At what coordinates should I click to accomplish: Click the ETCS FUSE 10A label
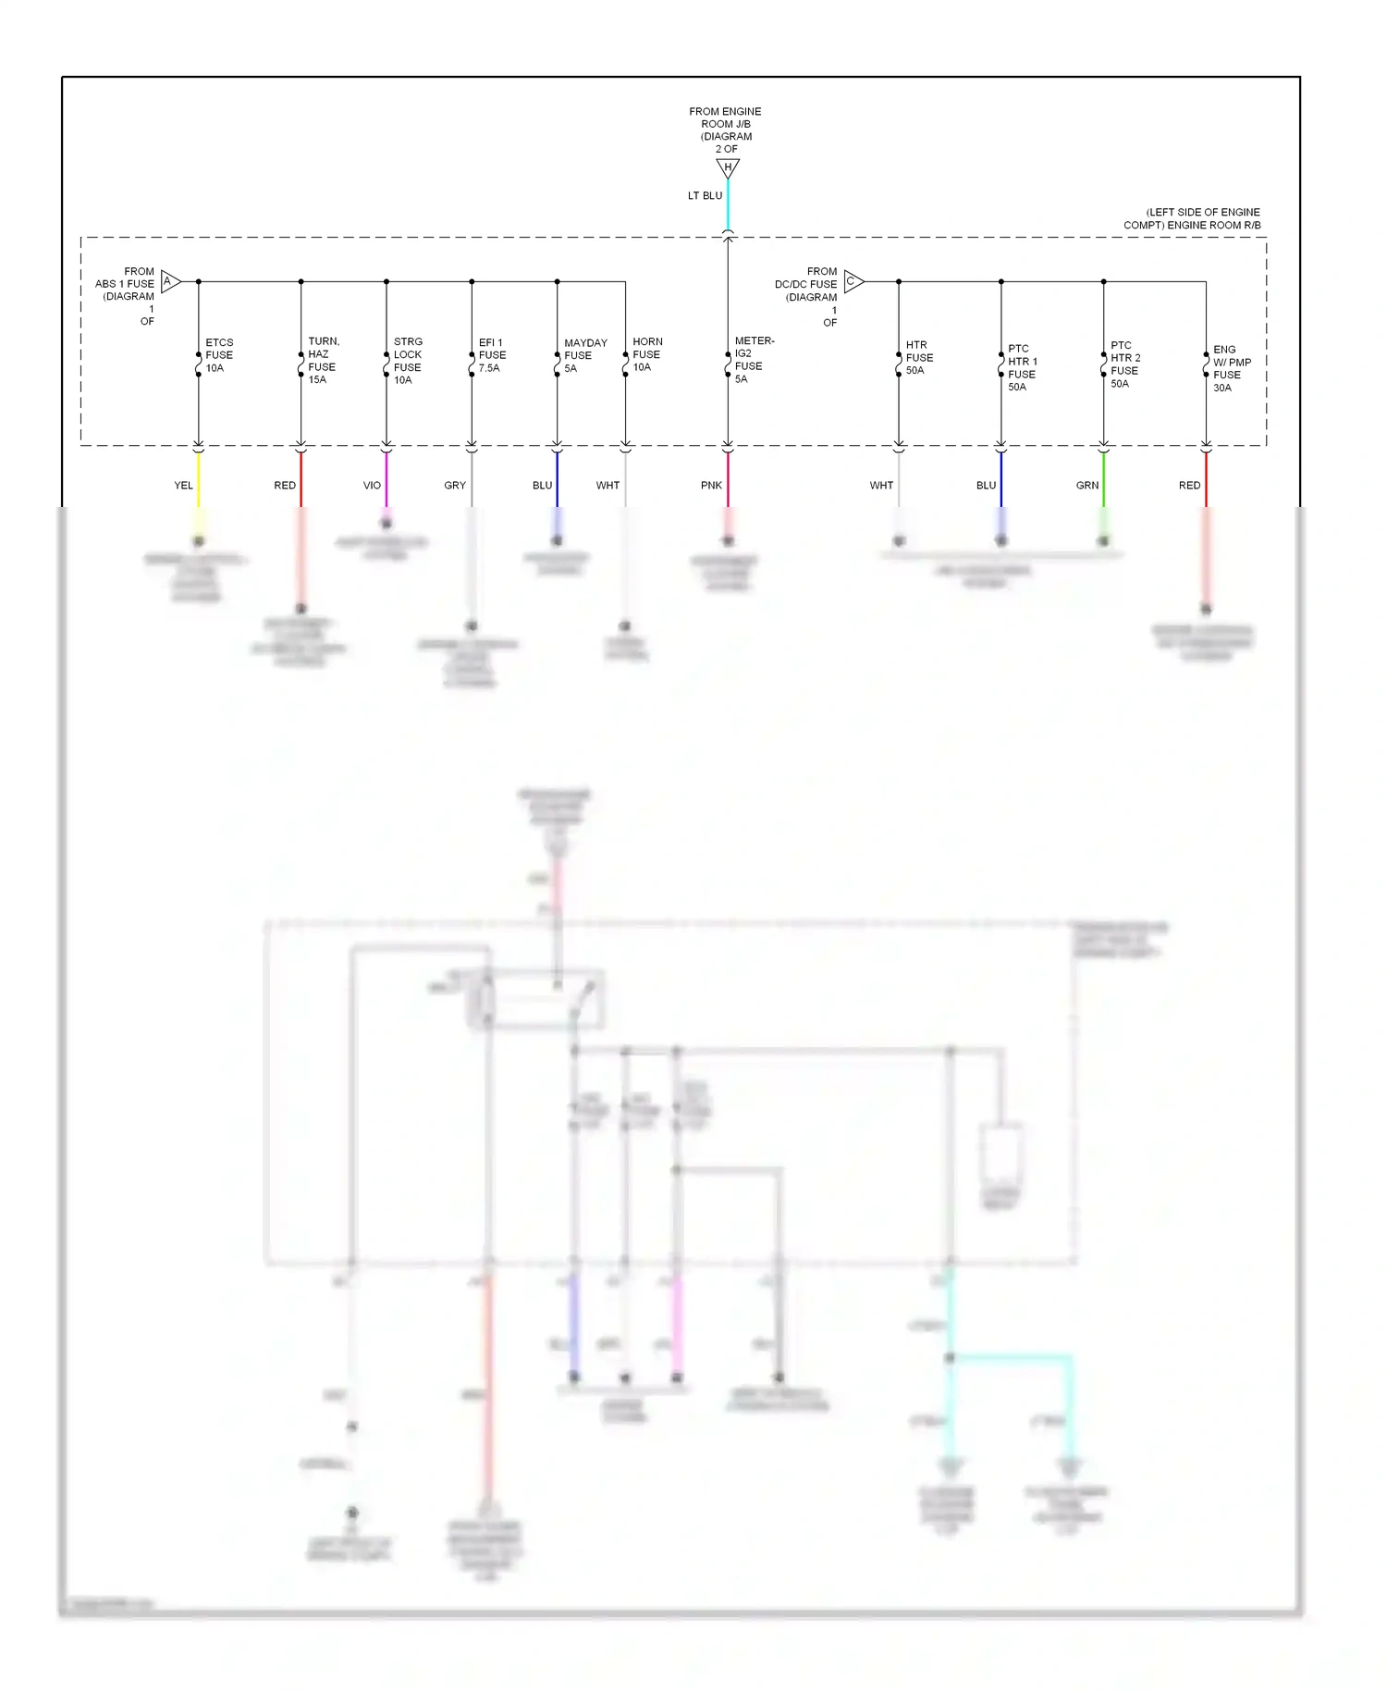point(219,355)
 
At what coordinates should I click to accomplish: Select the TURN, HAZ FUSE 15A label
point(323,361)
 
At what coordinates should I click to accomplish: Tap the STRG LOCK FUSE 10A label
point(408,361)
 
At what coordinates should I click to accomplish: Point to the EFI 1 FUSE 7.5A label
point(492,355)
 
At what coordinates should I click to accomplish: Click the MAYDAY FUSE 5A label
point(584,355)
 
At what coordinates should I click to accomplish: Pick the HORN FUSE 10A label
point(646,354)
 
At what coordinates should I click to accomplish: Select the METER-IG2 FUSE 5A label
point(753,360)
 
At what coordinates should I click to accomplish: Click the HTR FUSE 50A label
point(919,357)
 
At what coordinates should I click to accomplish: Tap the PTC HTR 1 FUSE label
point(1022,367)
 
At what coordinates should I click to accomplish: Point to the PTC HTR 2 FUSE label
point(1124,364)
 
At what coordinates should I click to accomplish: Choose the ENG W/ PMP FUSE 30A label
point(1231,368)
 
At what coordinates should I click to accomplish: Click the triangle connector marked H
point(728,168)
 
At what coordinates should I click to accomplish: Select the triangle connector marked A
point(170,281)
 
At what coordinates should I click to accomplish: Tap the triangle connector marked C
point(853,281)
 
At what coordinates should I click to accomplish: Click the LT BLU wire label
point(705,196)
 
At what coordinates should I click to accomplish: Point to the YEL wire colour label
point(183,486)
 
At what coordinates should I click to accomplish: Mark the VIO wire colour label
point(372,486)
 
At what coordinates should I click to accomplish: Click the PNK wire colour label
point(711,486)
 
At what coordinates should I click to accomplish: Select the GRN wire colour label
point(1087,486)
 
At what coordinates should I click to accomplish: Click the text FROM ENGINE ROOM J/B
point(726,117)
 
